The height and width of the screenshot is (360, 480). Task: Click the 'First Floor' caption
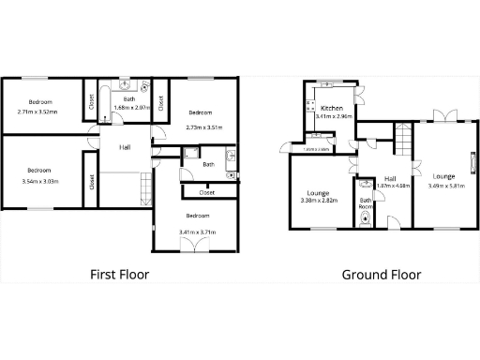point(119,275)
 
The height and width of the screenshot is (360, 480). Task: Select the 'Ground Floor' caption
point(381,275)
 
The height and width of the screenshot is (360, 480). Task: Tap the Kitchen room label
point(332,109)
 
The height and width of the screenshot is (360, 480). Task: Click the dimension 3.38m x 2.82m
point(318,200)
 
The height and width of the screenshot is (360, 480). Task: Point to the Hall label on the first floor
point(125,147)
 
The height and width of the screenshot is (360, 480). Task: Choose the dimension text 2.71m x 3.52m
point(37,112)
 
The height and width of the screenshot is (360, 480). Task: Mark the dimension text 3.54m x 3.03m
point(38,180)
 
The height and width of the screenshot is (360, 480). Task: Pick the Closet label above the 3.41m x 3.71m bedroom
point(206,192)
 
